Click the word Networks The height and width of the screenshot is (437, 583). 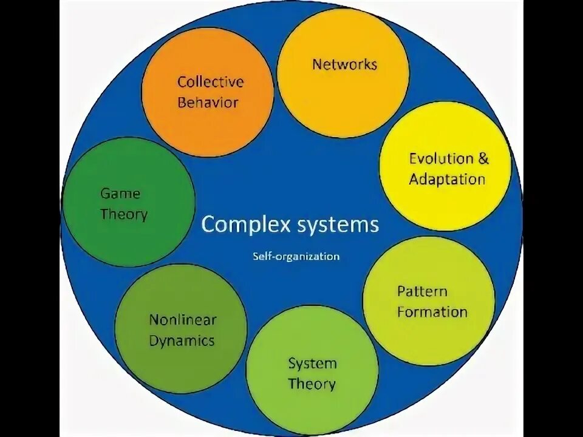click(344, 64)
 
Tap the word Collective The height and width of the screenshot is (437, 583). click(210, 82)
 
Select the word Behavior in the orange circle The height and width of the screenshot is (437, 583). click(208, 102)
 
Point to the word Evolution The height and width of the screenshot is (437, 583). click(440, 159)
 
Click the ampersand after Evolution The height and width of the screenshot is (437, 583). click(483, 159)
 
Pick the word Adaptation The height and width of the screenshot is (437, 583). click(447, 180)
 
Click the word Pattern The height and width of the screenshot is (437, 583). click(422, 291)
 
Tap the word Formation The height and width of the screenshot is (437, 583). click(432, 312)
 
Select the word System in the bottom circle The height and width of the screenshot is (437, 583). click(312, 364)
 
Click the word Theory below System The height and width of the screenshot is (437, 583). click(312, 384)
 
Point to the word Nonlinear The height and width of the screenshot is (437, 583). click(183, 320)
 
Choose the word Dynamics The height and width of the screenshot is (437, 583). click(182, 340)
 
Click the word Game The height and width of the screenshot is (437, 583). click(120, 194)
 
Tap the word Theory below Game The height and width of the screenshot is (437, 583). click(124, 214)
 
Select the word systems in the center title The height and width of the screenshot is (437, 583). click(338, 225)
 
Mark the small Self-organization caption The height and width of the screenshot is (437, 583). click(296, 256)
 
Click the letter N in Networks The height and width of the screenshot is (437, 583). click(317, 64)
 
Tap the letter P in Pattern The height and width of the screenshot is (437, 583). click(401, 291)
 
